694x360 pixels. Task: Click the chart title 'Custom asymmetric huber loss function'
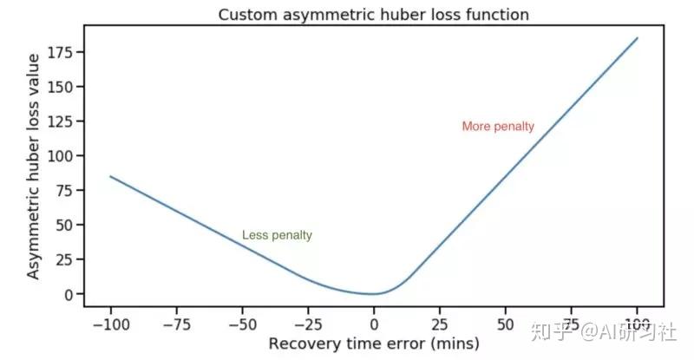[373, 15]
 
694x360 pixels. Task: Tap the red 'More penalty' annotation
[498, 127]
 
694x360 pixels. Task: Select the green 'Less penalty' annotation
[277, 235]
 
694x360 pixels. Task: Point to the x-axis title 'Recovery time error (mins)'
[373, 344]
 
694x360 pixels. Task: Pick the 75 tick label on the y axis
[66, 190]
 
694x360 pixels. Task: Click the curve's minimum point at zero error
[374, 294]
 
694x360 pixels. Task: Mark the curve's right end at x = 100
[638, 38]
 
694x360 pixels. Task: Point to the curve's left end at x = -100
[110, 176]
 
